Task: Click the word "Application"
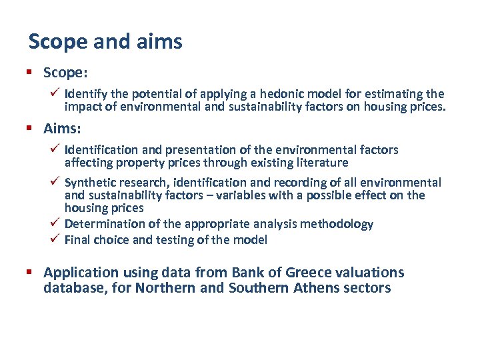coord(81,273)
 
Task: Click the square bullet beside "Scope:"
coord(31,71)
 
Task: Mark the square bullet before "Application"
coord(31,272)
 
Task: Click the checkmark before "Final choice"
coord(56,238)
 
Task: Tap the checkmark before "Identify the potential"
coord(56,93)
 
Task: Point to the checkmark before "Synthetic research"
coord(56,181)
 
